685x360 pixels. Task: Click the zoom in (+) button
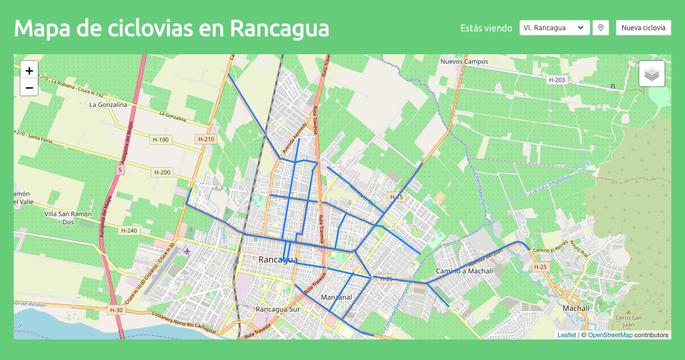tap(29, 70)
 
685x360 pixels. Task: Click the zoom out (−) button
tap(29, 87)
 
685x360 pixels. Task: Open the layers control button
tap(651, 74)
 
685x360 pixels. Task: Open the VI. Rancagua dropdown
tap(554, 28)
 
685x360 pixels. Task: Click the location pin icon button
tap(601, 28)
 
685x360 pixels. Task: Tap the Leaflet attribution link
tap(566, 335)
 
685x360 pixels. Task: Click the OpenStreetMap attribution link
tap(610, 335)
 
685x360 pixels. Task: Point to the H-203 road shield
tap(557, 80)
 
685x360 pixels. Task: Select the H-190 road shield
tap(161, 139)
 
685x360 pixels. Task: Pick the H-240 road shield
tap(130, 230)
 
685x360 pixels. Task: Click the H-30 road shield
tap(115, 310)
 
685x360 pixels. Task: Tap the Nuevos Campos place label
tap(464, 61)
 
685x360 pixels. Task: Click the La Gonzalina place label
tap(108, 105)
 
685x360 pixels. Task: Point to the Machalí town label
tap(577, 308)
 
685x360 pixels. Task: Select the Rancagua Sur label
tap(278, 309)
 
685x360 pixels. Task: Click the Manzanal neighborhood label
tap(336, 297)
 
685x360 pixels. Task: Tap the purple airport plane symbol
tap(187, 250)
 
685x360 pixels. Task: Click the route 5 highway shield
tap(120, 169)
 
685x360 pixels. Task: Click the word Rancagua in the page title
tap(280, 28)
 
